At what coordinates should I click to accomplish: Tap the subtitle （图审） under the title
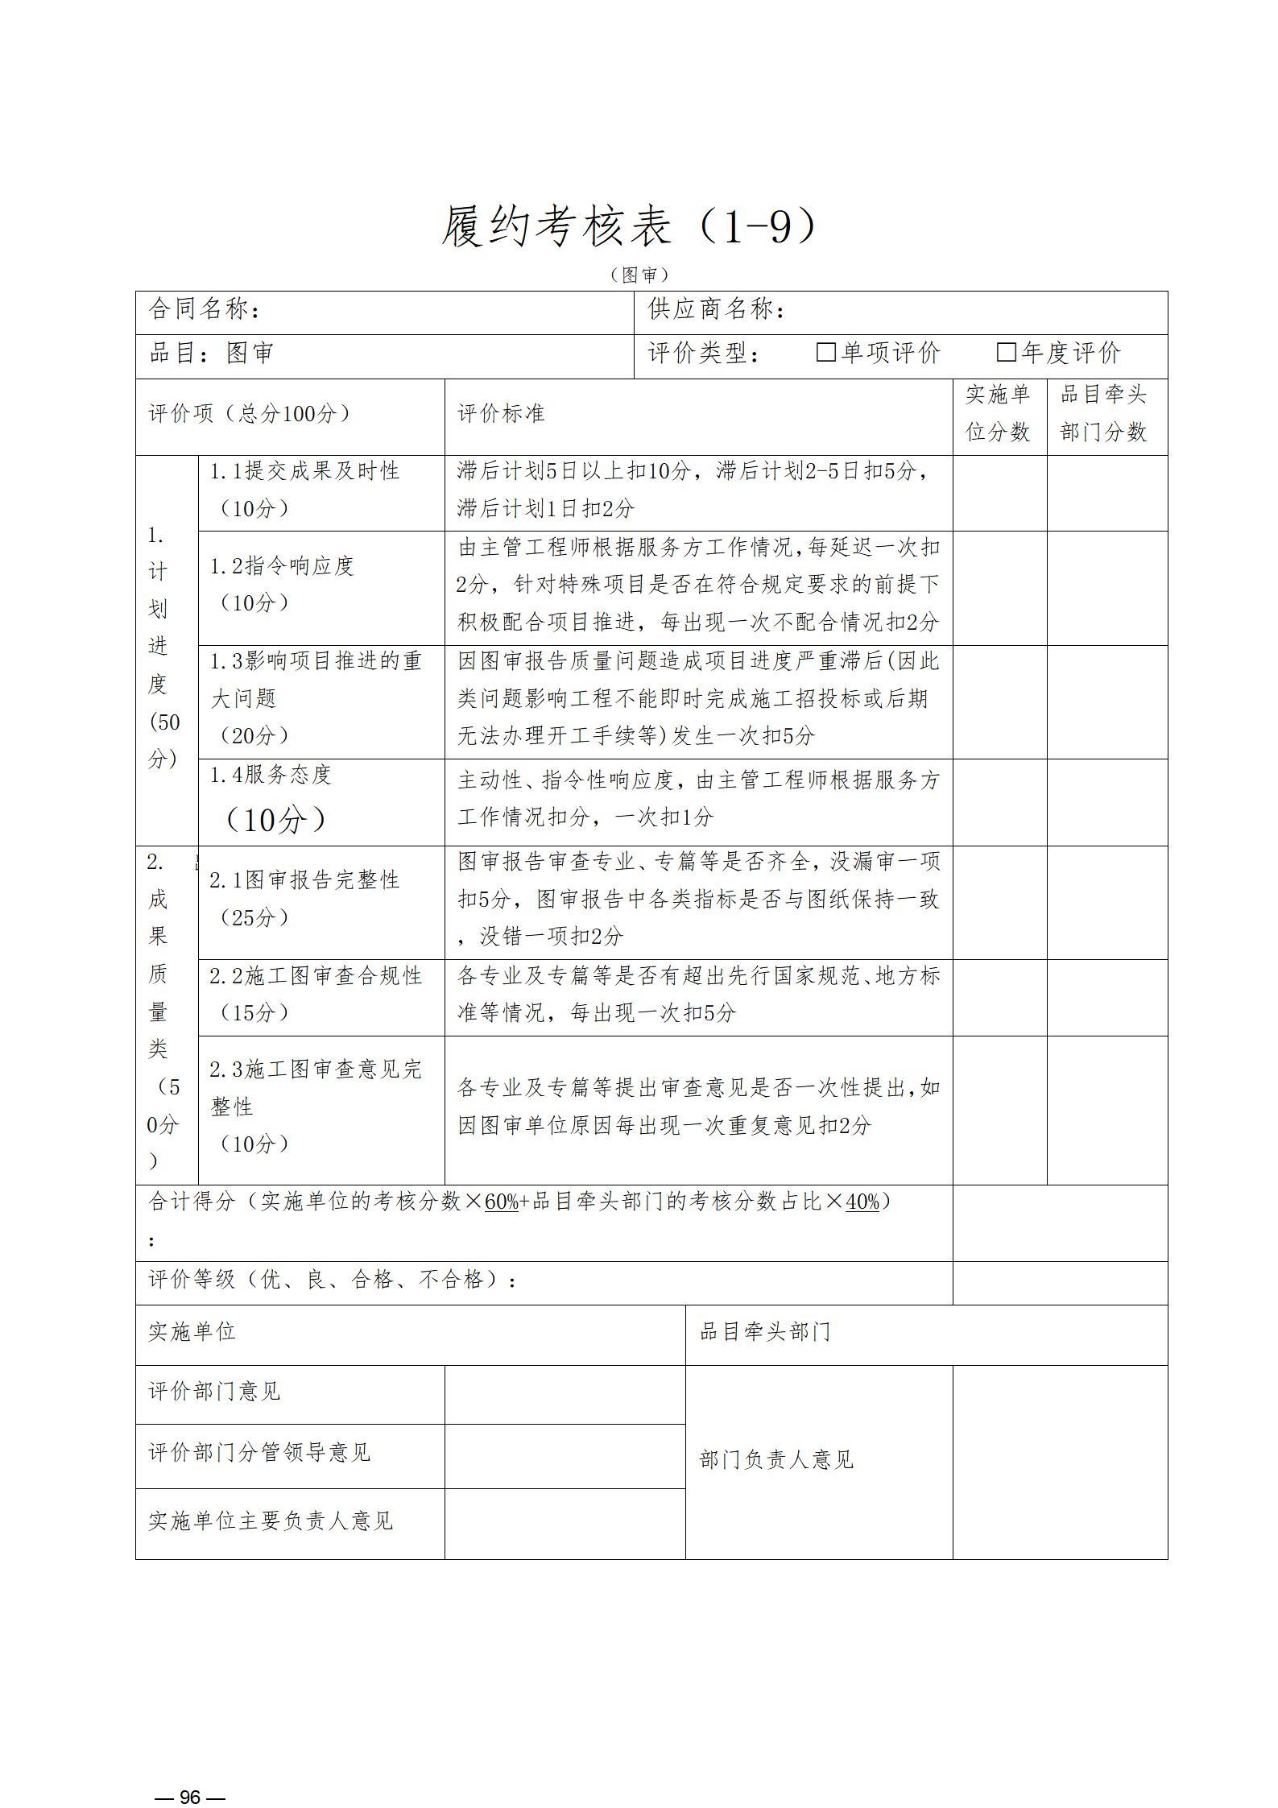(639, 275)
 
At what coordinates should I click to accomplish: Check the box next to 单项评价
(825, 352)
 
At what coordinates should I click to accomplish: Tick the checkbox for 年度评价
(1006, 352)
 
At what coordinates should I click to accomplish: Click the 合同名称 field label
(205, 309)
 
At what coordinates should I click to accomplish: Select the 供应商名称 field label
(716, 309)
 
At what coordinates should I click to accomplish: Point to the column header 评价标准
(501, 414)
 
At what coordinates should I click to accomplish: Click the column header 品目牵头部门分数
(1103, 413)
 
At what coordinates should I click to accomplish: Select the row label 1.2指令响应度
(282, 566)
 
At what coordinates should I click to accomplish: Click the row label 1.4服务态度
(271, 775)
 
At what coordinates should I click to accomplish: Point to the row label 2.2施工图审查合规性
(316, 976)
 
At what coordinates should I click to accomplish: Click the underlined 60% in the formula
(502, 1202)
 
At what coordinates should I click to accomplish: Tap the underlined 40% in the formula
(862, 1202)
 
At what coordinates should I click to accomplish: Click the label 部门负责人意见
(775, 1459)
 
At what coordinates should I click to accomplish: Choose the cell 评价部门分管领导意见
(259, 1452)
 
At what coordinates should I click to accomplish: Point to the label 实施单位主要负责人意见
(271, 1520)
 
